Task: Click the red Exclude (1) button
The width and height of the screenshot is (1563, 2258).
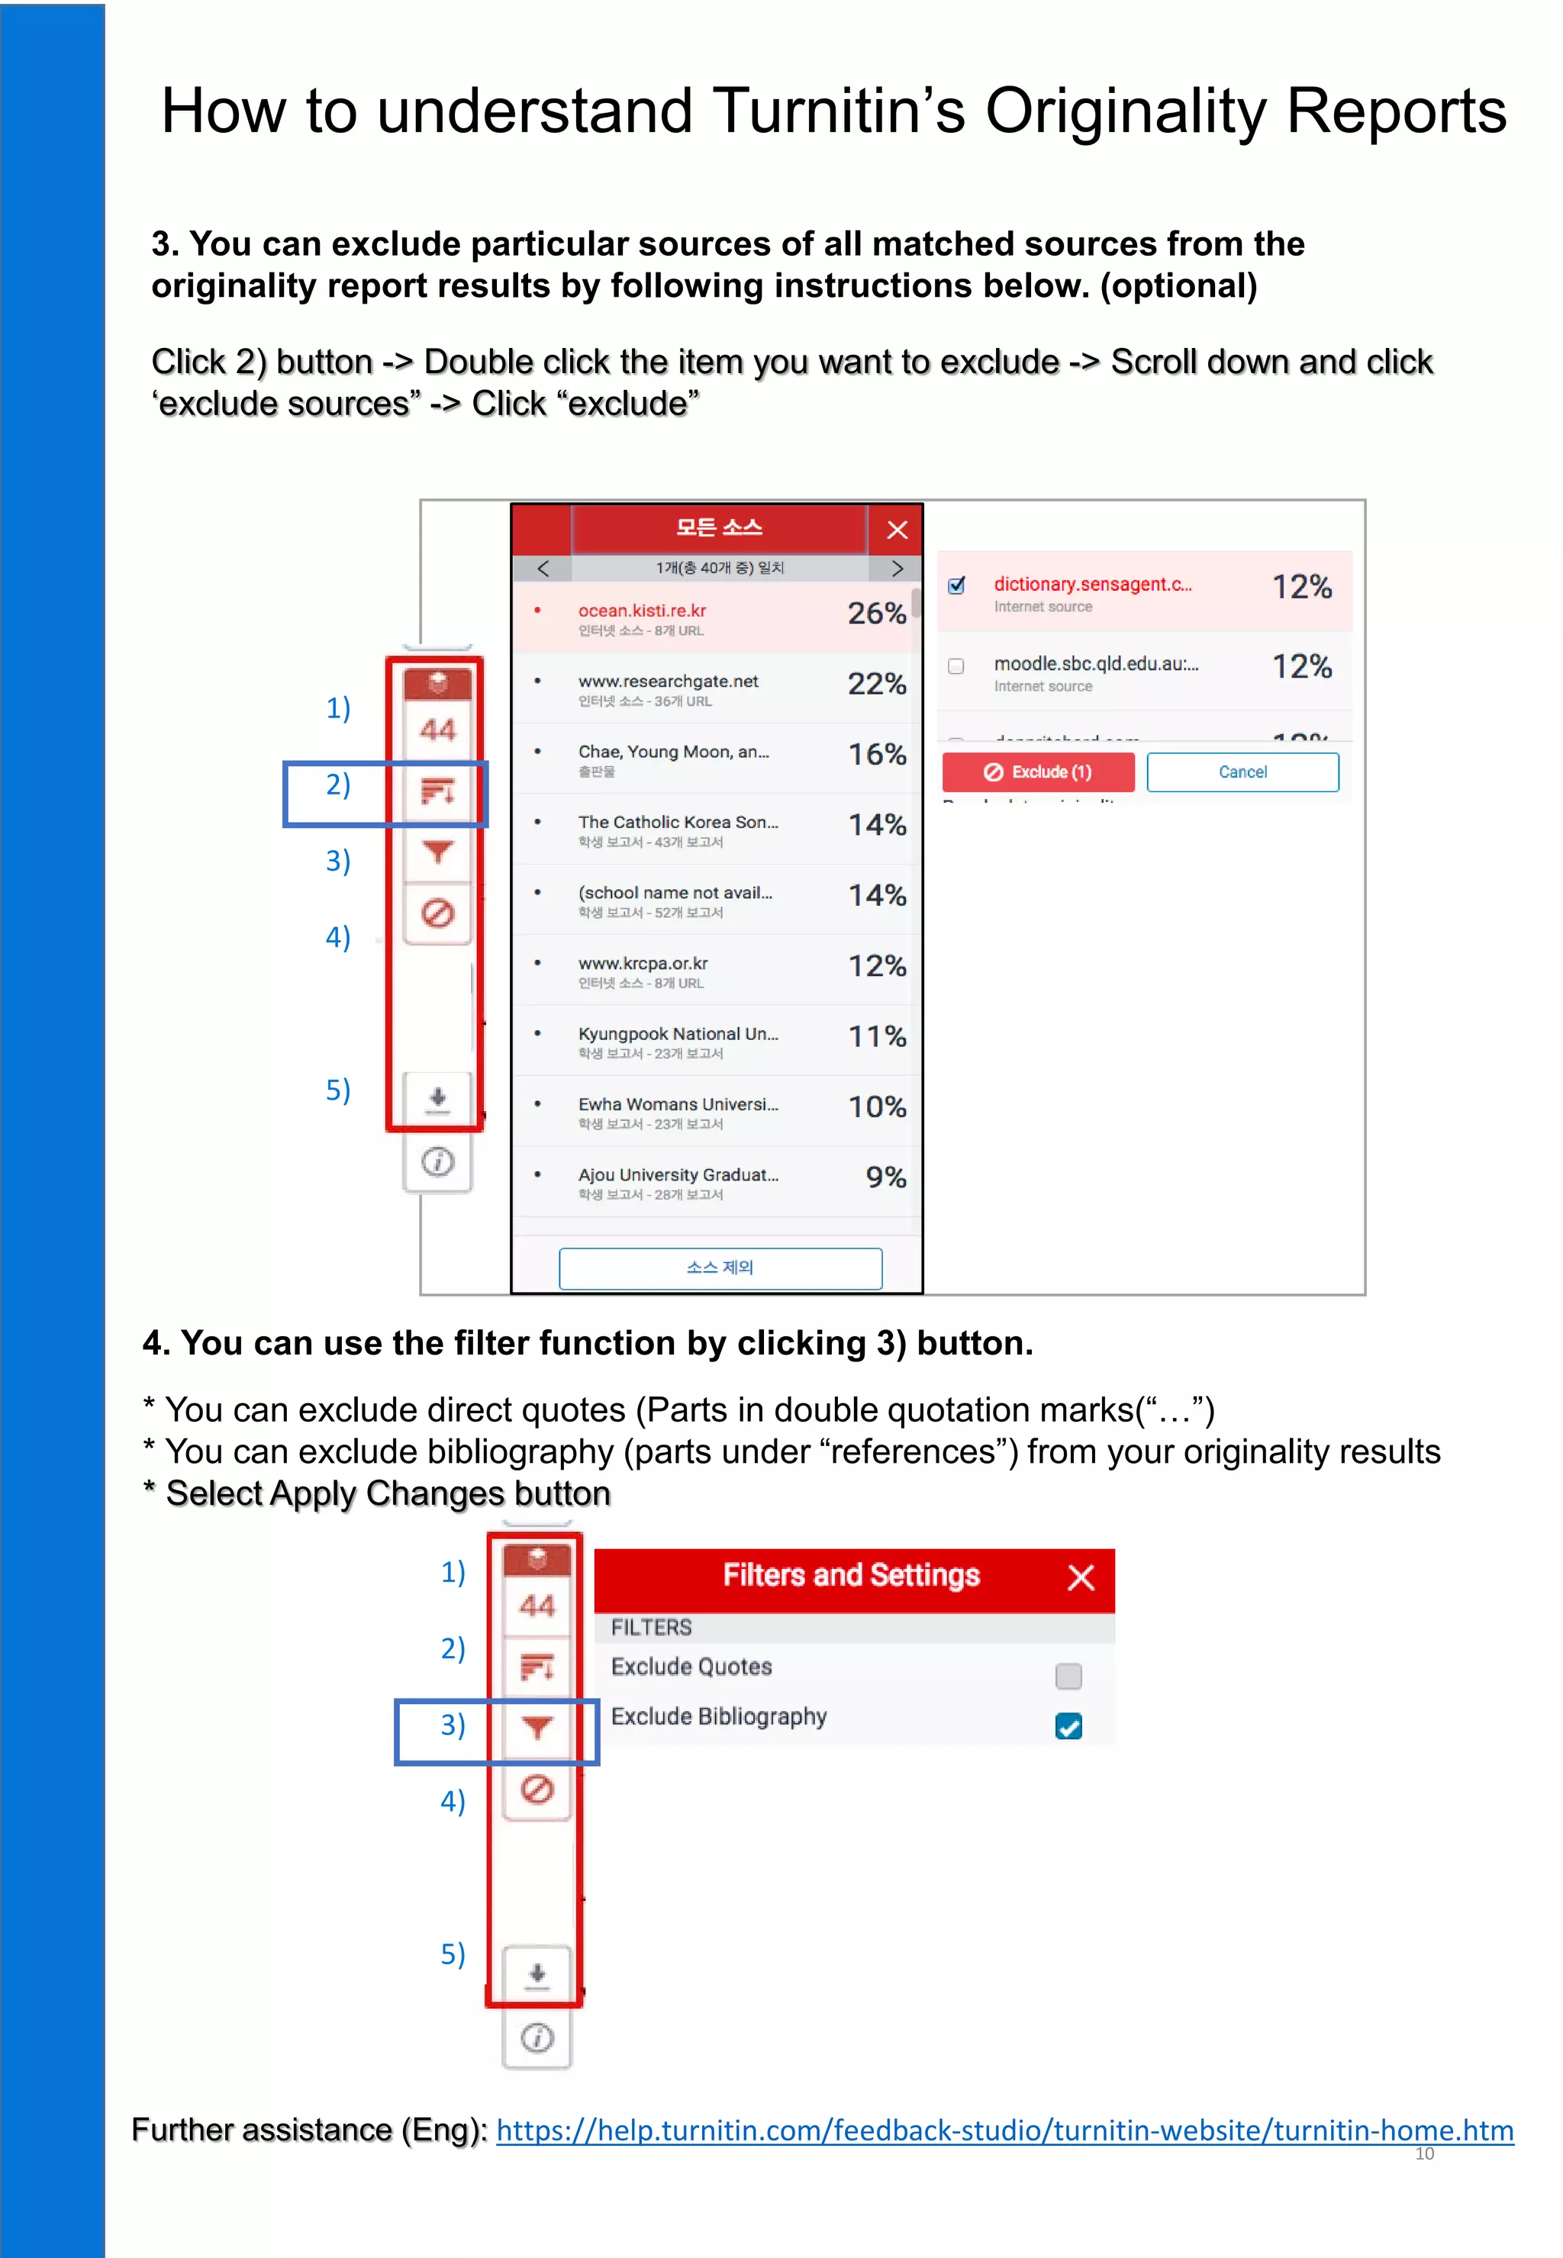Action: click(x=1037, y=771)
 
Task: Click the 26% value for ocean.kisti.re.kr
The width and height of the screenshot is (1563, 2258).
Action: click(x=875, y=614)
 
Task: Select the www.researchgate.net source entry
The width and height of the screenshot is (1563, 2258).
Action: click(x=668, y=681)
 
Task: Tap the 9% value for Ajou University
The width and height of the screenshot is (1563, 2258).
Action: click(x=885, y=1177)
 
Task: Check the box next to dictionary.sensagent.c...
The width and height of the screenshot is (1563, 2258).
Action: click(x=957, y=585)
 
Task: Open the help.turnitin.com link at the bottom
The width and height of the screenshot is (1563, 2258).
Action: click(x=1004, y=2131)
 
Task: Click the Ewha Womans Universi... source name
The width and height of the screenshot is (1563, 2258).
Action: click(x=678, y=1104)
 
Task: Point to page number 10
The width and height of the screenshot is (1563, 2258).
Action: click(x=1424, y=2153)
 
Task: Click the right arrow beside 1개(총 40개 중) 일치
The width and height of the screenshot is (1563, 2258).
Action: click(x=897, y=568)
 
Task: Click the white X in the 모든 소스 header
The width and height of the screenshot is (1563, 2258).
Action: click(x=897, y=530)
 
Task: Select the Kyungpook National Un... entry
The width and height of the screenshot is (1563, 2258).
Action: click(x=678, y=1034)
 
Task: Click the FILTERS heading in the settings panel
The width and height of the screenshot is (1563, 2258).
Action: click(x=651, y=1628)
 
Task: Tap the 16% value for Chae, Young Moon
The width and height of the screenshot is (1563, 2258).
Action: click(x=876, y=755)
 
